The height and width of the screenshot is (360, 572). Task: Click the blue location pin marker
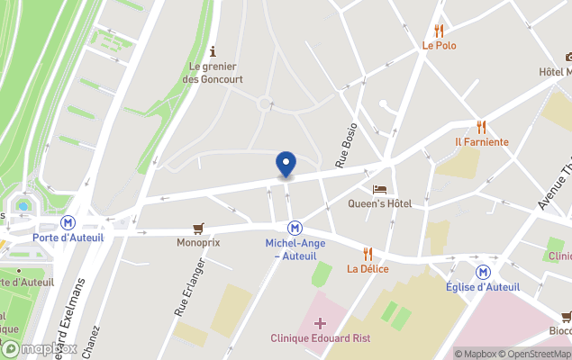tap(286, 164)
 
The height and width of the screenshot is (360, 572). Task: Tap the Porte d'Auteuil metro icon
tap(68, 221)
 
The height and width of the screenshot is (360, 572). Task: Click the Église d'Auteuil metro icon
tap(483, 271)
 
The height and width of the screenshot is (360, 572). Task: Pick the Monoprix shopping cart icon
tap(198, 229)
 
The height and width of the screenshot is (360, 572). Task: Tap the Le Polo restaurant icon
tap(439, 31)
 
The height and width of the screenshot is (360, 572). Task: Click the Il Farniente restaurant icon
tap(481, 127)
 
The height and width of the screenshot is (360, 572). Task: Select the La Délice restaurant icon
tap(368, 254)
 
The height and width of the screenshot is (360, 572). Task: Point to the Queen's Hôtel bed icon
tap(379, 189)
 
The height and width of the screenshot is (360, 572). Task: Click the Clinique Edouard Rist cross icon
tap(320, 323)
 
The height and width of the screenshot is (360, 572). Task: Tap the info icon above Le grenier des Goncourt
tap(213, 51)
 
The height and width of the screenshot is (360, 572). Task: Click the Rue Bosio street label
tap(347, 146)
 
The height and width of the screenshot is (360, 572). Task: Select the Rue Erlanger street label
tap(189, 287)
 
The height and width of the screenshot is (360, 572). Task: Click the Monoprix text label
tap(198, 242)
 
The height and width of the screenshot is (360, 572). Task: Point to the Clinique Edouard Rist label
tap(320, 338)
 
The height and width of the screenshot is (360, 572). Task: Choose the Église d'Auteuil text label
tap(483, 287)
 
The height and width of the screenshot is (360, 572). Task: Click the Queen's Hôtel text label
tap(380, 203)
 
